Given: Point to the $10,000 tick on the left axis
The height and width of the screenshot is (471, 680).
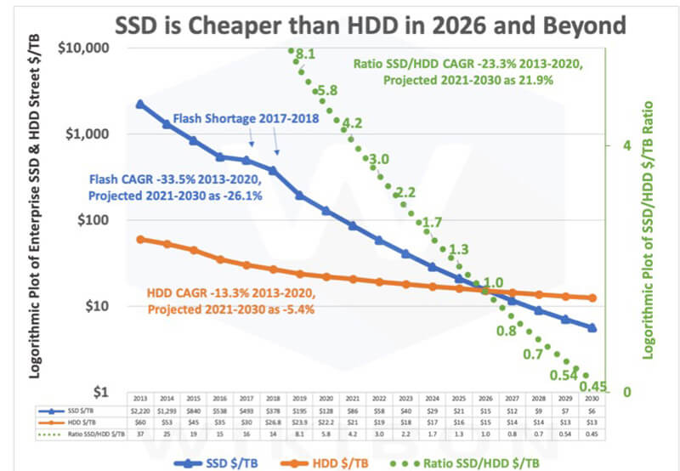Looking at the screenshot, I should pos(86,47).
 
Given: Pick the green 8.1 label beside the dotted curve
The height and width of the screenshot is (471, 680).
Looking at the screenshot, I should pos(306,53).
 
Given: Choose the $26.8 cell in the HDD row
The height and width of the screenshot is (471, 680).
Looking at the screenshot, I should pos(273,423).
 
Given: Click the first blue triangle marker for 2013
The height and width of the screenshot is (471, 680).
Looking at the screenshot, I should pos(140,104).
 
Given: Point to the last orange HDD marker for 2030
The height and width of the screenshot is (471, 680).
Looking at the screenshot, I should pos(592,298).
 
